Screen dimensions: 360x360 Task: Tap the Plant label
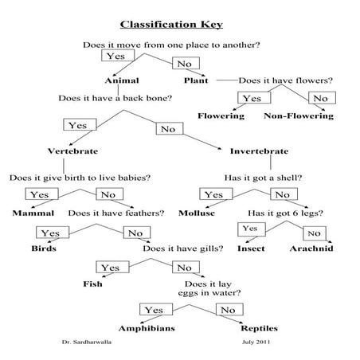point(195,80)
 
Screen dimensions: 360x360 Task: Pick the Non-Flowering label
point(298,116)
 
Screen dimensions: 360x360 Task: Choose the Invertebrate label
point(259,151)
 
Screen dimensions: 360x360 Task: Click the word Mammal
point(33,213)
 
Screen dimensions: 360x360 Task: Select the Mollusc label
point(217,213)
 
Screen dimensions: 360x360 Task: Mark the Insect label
point(251,248)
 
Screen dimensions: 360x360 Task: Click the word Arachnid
point(311,248)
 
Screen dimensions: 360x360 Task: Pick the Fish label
point(93,284)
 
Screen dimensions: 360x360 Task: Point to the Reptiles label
point(264,327)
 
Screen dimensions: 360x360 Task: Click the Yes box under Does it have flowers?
point(252,98)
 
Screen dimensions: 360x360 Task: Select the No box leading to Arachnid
point(313,233)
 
